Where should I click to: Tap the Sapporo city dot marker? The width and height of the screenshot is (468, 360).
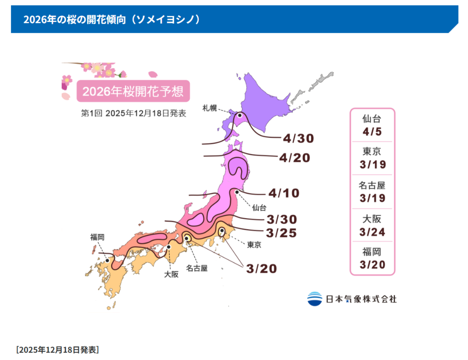[240, 115]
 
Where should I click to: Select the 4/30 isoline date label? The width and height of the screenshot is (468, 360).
[299, 138]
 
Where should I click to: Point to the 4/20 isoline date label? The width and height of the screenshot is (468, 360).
[294, 157]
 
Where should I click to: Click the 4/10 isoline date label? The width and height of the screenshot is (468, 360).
[284, 193]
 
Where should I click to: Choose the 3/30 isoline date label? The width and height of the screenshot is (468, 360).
[282, 220]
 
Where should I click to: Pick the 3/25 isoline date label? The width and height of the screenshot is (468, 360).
[282, 233]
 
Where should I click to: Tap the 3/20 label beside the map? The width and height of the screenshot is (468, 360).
[261, 268]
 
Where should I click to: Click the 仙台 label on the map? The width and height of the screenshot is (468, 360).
[259, 207]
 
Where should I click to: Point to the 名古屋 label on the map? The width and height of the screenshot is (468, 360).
[197, 268]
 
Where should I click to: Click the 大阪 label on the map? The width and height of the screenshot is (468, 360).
[171, 274]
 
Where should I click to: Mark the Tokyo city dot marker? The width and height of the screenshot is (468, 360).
[222, 230]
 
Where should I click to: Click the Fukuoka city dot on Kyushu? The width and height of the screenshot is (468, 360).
[107, 260]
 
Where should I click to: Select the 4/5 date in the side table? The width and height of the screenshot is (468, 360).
[372, 131]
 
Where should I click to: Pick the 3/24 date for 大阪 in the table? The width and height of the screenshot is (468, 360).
[372, 232]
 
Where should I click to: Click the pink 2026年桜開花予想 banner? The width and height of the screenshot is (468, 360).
[133, 91]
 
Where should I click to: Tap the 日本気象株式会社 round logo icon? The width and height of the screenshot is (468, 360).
[315, 299]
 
